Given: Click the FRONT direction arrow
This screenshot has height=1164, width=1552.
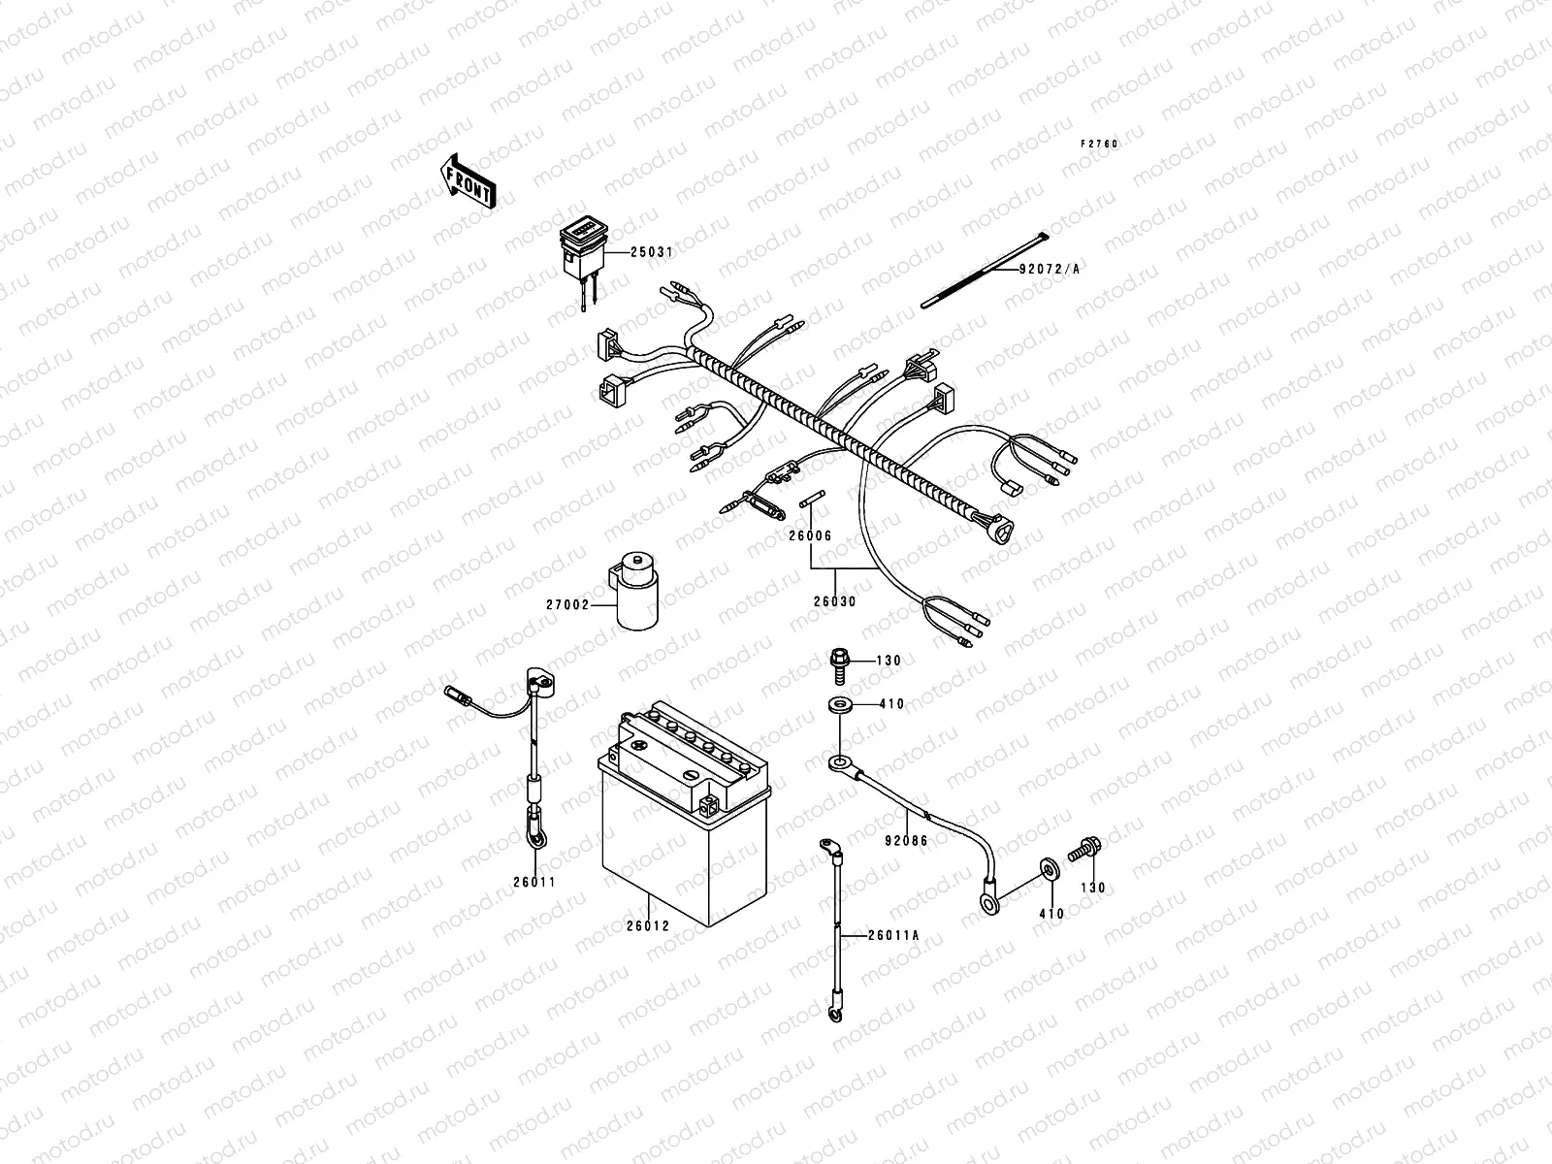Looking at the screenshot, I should click(469, 180).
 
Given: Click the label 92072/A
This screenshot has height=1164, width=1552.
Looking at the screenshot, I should click(1049, 270).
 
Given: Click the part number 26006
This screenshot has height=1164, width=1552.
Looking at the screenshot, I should click(809, 535).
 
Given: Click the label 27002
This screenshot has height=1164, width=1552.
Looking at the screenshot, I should click(567, 604).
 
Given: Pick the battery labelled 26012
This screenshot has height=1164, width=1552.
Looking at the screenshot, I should click(684, 824).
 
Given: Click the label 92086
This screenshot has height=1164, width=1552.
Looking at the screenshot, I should click(905, 841).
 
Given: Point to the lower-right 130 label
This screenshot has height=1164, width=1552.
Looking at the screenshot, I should click(1093, 888).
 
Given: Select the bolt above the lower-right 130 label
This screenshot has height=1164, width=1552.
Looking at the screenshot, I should click(1084, 852).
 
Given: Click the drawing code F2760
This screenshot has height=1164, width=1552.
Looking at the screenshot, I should click(1100, 144).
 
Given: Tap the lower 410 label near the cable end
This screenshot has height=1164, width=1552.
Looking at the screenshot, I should click(1051, 914).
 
